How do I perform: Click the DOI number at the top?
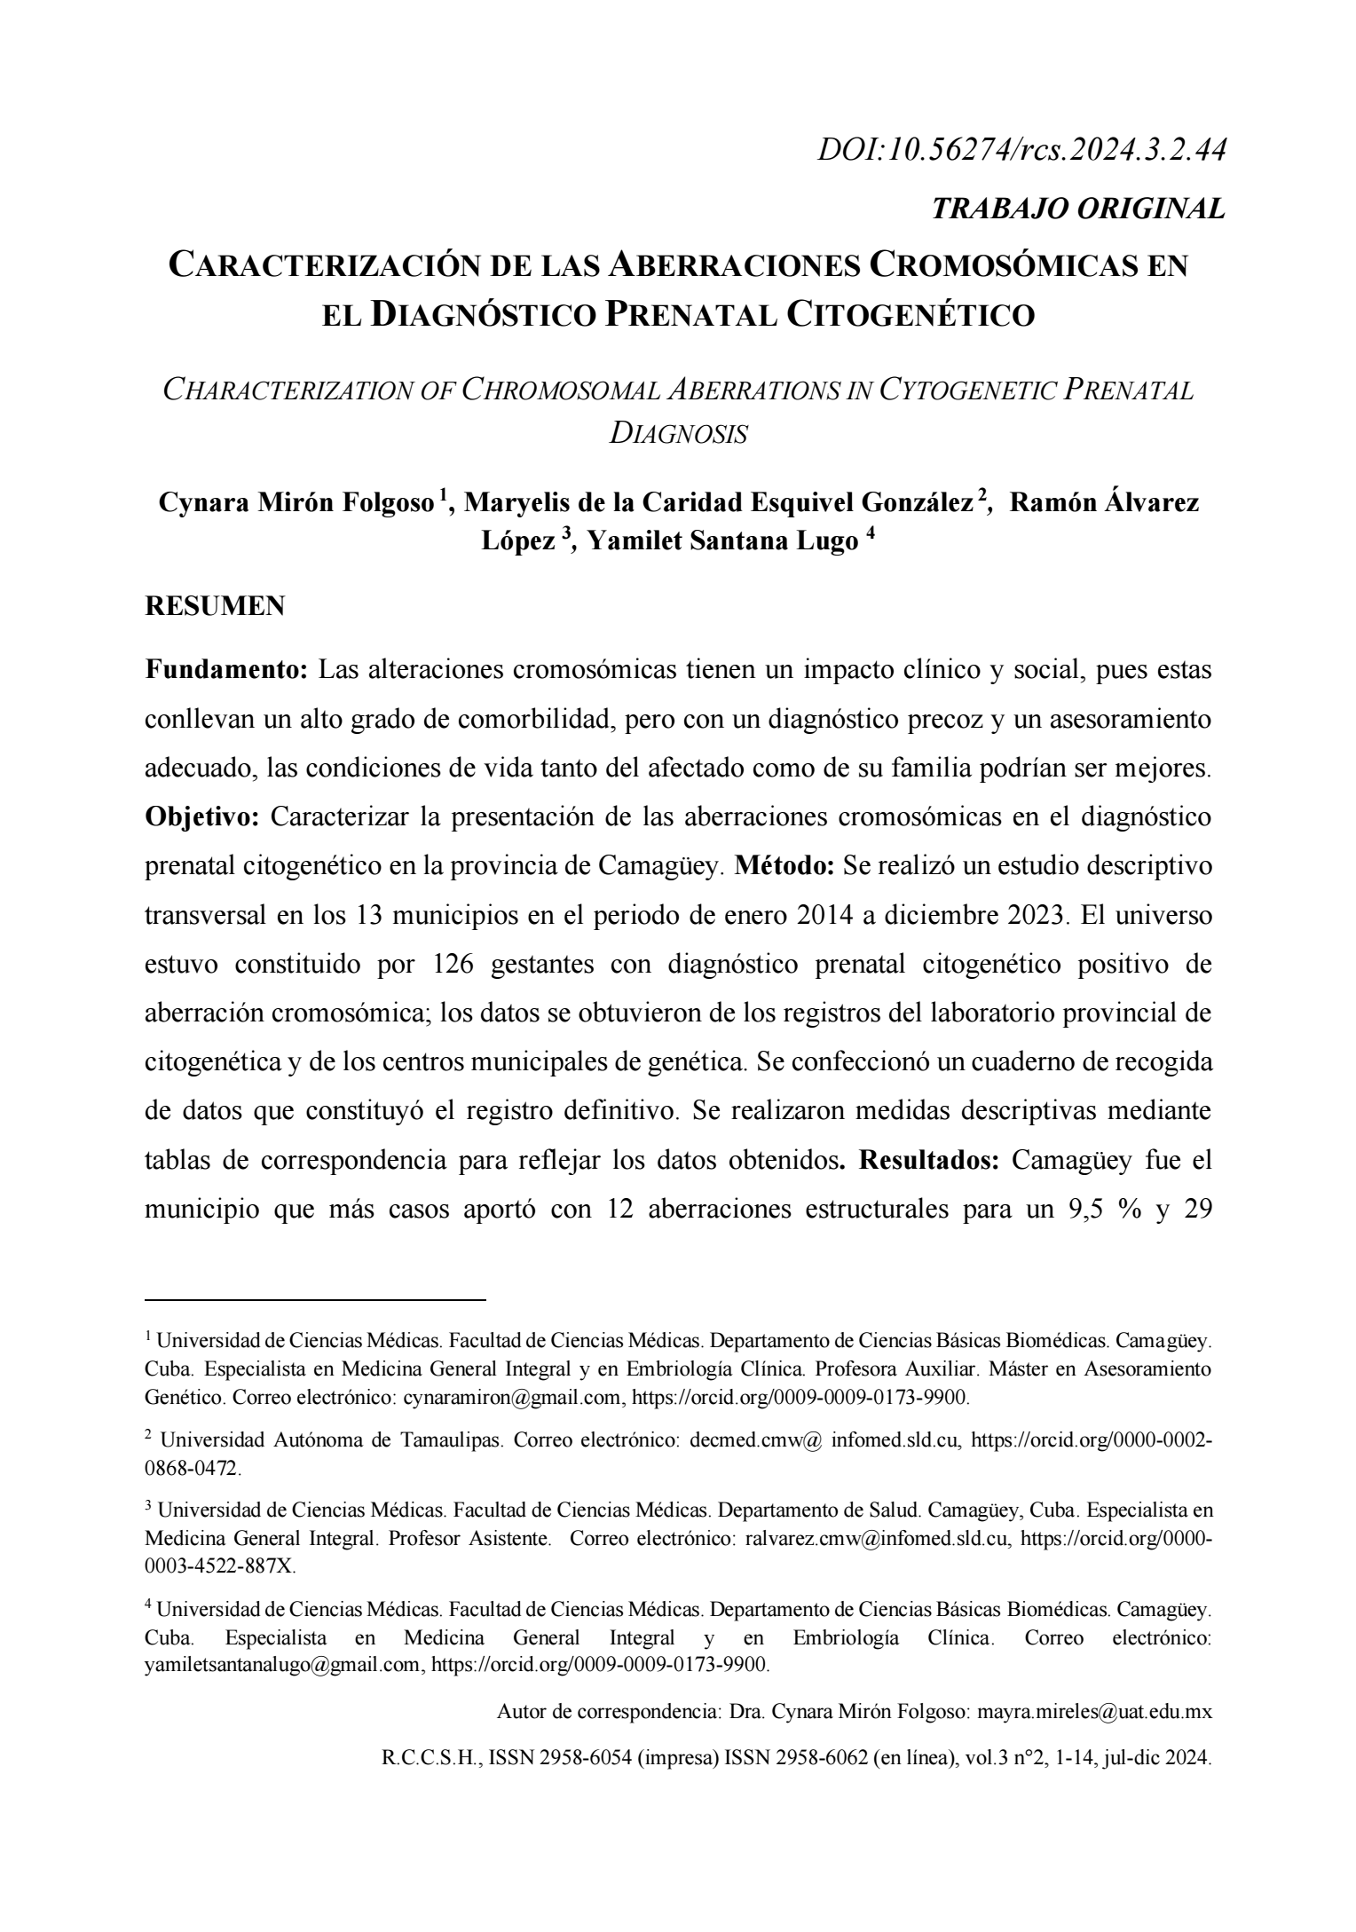(x=1021, y=151)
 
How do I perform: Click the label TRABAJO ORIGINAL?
(x=1078, y=209)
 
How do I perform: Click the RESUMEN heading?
(x=215, y=607)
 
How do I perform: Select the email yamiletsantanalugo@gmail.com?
(x=282, y=1664)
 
